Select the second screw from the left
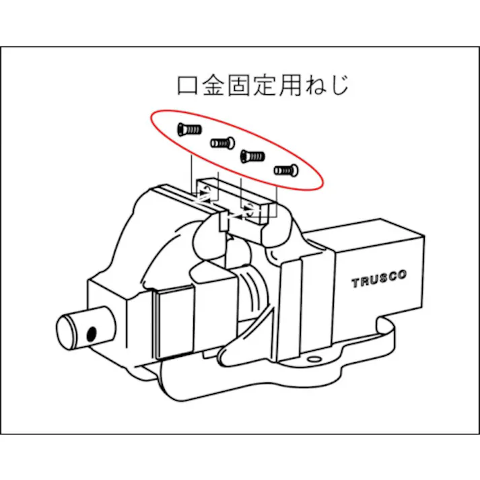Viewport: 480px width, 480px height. pos(221,142)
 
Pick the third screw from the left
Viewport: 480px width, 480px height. pos(252,156)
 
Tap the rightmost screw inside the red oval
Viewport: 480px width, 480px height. pos(285,169)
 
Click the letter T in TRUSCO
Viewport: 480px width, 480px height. pos(355,283)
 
